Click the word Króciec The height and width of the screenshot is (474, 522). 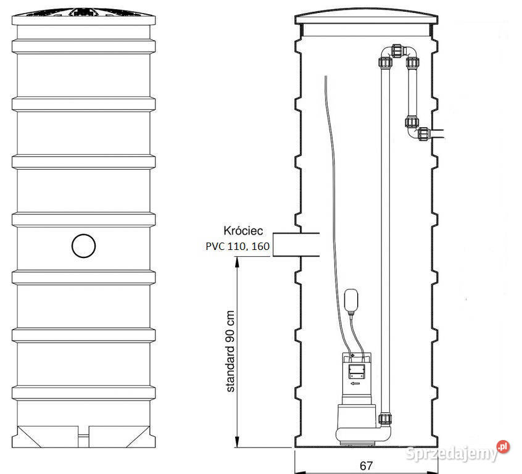(243, 230)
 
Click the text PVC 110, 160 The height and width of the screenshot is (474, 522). (238, 246)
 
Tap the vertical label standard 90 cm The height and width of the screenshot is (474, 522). (230, 351)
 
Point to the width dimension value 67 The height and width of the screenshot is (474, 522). (366, 465)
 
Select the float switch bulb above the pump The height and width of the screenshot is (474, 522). (351, 302)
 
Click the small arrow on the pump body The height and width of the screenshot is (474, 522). (355, 383)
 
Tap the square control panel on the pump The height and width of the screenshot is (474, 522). (356, 371)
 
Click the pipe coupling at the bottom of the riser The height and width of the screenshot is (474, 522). (385, 418)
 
